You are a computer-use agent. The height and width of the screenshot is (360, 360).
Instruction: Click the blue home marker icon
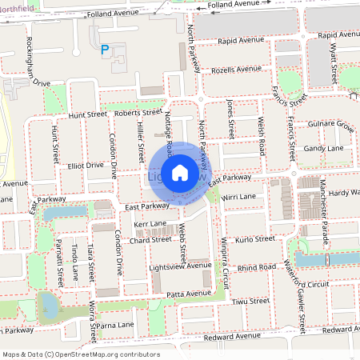coord(180,172)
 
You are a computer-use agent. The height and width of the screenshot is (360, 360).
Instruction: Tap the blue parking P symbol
coord(104,50)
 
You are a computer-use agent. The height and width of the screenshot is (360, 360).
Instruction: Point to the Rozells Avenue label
coord(237,70)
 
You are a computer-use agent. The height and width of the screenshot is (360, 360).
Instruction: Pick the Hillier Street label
coord(139,133)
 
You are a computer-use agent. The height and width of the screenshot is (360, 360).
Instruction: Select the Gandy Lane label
coord(323,148)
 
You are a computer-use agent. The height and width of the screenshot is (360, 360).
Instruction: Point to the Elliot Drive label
coord(85,165)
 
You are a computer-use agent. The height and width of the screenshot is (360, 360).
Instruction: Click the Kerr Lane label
coord(150,223)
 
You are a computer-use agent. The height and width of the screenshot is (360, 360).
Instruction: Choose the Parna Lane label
coord(116,325)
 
